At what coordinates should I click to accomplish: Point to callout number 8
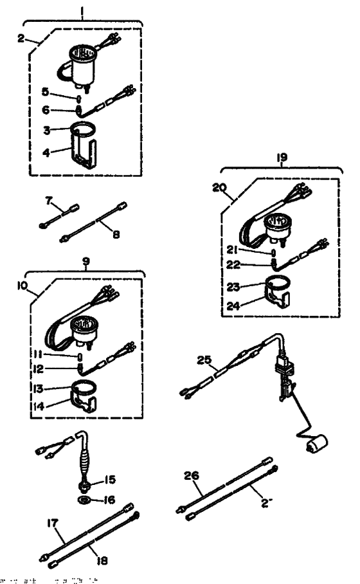116,235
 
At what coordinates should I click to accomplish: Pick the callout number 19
282,156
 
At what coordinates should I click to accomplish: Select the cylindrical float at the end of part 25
316,444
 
